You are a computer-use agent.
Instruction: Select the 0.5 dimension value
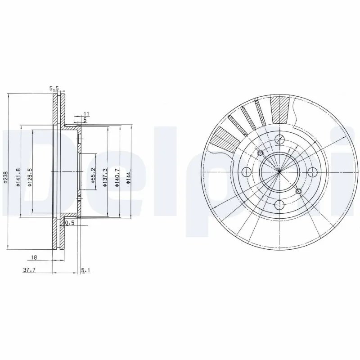coord(70,223)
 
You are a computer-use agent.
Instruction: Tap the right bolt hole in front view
coord(312,171)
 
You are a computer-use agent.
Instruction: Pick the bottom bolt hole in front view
coord(279,204)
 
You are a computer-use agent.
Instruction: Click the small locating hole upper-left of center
coord(260,153)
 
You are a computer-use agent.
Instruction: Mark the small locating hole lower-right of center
coord(299,191)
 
